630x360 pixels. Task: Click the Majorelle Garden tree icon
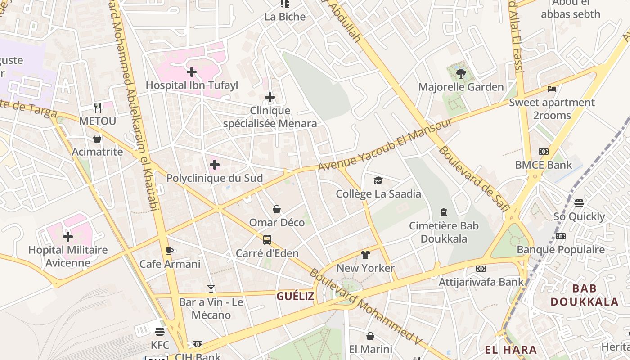click(x=461, y=73)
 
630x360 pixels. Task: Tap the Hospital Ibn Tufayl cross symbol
click(x=192, y=72)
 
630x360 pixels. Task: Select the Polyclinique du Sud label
click(x=215, y=178)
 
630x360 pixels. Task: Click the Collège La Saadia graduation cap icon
click(x=378, y=181)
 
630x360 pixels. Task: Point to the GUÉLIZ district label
click(x=295, y=296)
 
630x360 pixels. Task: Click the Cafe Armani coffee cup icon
click(x=169, y=251)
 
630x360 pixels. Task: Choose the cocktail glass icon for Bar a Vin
click(x=211, y=288)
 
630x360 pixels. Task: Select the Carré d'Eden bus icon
click(x=267, y=240)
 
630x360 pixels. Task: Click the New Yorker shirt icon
click(x=365, y=255)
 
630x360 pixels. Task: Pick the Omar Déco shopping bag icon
click(x=277, y=209)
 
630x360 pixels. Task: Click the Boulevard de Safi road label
click(x=473, y=178)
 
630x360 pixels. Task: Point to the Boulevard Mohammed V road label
click(x=365, y=307)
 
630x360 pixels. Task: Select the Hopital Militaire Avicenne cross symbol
click(x=68, y=236)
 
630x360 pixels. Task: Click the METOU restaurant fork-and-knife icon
click(x=98, y=108)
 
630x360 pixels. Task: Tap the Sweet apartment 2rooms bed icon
click(x=552, y=89)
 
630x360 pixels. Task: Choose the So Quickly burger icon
click(x=579, y=203)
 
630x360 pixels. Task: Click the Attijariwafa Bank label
click(x=481, y=282)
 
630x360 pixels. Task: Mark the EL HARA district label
click(x=511, y=350)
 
